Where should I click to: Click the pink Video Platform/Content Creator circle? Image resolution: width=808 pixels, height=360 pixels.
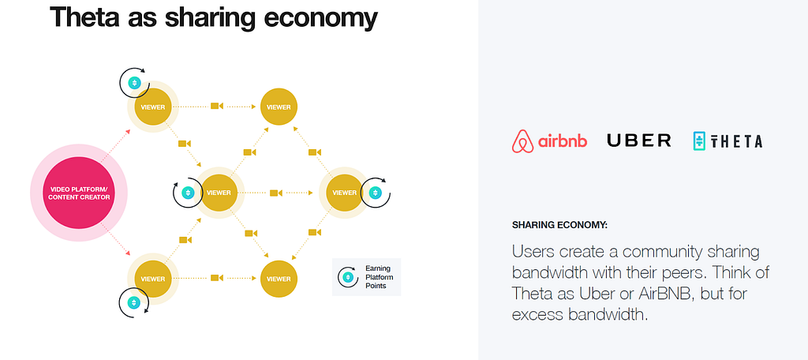pyautogui.click(x=79, y=193)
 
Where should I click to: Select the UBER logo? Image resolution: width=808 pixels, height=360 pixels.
pyautogui.click(x=639, y=141)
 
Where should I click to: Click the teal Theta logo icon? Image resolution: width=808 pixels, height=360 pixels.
pyautogui.click(x=699, y=141)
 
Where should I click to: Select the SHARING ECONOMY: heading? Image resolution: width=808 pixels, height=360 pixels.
pyautogui.click(x=559, y=225)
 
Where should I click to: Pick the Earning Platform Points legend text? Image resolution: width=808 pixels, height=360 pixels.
pyautogui.click(x=378, y=277)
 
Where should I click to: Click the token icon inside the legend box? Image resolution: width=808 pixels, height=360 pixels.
pyautogui.click(x=348, y=277)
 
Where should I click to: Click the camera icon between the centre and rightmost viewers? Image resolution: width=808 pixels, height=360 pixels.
pyautogui.click(x=275, y=193)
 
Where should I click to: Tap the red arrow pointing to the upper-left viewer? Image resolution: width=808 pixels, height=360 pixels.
pyautogui.click(x=115, y=145)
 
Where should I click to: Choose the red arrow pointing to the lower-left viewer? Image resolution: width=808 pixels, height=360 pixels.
pyautogui.click(x=115, y=240)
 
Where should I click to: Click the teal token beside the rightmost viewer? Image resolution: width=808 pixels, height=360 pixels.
pyautogui.click(x=375, y=193)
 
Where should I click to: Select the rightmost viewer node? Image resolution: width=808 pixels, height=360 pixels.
pyautogui.click(x=344, y=193)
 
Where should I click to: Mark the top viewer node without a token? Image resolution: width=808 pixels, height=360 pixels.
pyautogui.click(x=279, y=107)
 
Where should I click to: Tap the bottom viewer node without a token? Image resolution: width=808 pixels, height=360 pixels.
pyautogui.click(x=279, y=279)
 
